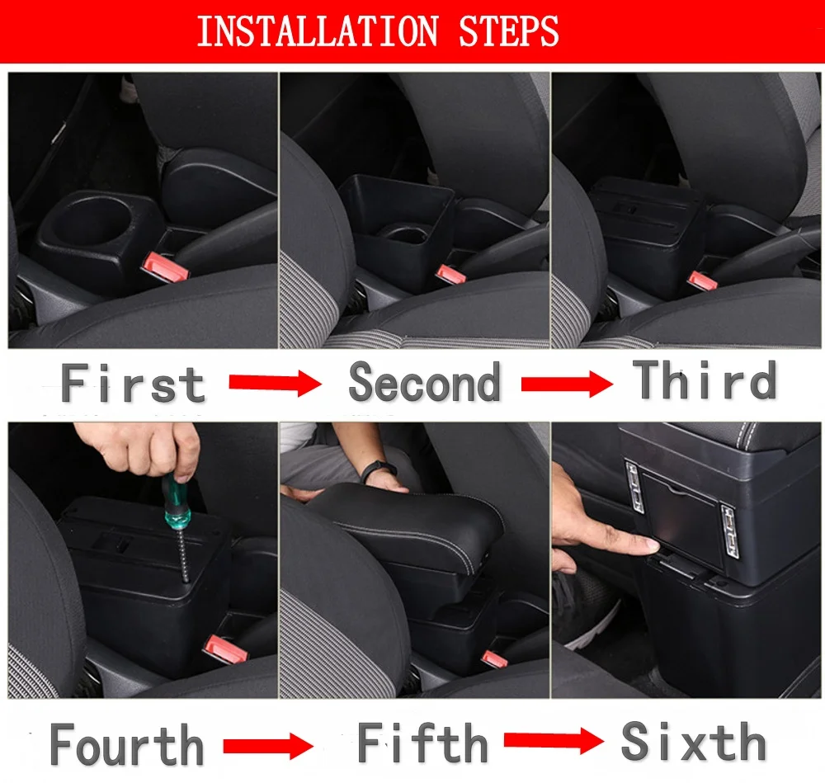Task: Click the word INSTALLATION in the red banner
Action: coord(318,31)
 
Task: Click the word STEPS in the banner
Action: coord(508,31)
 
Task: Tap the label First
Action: coord(133,383)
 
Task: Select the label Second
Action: coord(425,382)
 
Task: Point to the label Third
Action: coord(705,380)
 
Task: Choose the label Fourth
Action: coord(127,744)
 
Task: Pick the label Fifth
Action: coord(422,743)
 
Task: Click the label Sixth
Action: coord(694,741)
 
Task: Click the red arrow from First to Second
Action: coord(276,383)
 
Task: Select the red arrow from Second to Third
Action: coord(568,384)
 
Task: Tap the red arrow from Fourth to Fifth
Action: coord(268,746)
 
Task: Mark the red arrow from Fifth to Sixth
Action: coord(554,741)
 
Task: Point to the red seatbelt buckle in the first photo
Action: coord(165,267)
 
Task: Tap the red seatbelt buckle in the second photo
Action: coord(451,274)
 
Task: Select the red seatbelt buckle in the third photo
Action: coord(702,281)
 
